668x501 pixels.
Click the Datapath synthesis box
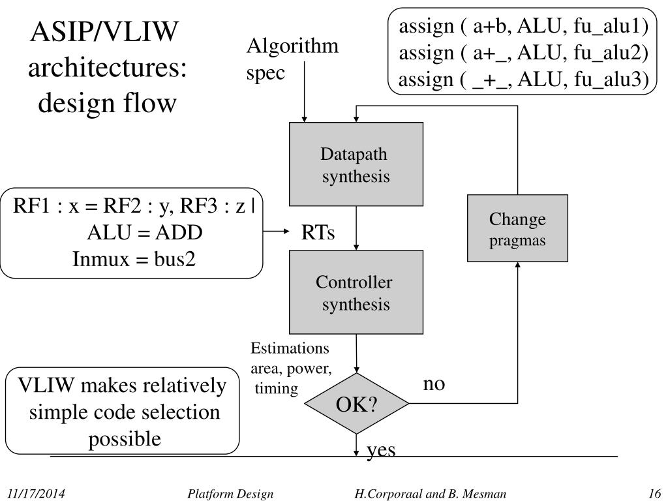pos(356,164)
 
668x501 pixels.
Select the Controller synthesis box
pos(356,292)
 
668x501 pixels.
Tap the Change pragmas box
pos(517,228)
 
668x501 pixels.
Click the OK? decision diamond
pos(357,403)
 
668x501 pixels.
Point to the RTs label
pos(318,232)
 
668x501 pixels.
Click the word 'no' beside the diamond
pos(434,384)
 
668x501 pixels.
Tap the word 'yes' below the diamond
pos(381,450)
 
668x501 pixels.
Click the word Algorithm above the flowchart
pos(292,46)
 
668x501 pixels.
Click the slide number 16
pos(654,493)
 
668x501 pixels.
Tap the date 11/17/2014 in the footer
pos(37,493)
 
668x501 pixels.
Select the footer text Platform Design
pos(230,494)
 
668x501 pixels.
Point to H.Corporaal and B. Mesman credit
pos(431,494)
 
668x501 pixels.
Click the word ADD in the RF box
pos(179,233)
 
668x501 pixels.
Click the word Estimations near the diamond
pos(290,348)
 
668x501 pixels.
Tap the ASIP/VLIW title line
pos(104,31)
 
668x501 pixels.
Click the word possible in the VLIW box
pos(125,440)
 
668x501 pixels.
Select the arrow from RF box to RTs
pos(276,232)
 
